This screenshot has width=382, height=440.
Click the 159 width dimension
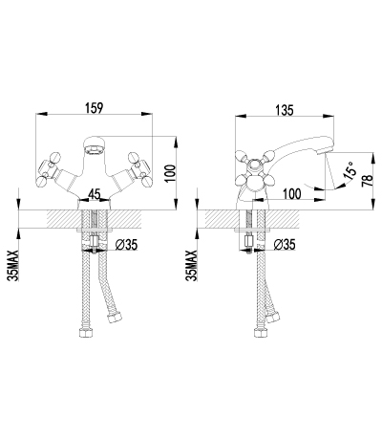click(x=95, y=108)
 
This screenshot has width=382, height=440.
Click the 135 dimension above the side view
click(x=285, y=110)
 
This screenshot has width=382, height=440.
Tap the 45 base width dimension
click(x=95, y=194)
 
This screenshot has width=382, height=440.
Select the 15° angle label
click(x=350, y=170)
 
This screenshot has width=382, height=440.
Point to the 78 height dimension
click(x=368, y=181)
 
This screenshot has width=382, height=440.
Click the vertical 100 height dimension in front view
click(x=171, y=173)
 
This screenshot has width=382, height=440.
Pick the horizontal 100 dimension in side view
click(x=291, y=193)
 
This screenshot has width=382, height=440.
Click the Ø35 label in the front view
click(x=126, y=245)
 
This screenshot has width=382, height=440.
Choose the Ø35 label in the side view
click(x=285, y=245)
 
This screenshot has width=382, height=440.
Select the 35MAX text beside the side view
click(x=193, y=265)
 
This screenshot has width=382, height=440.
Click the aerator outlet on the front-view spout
click(x=95, y=149)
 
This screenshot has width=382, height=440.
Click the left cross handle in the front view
click(x=49, y=169)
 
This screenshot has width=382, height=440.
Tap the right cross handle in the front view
click(x=140, y=169)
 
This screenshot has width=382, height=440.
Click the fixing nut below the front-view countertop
click(x=95, y=241)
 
